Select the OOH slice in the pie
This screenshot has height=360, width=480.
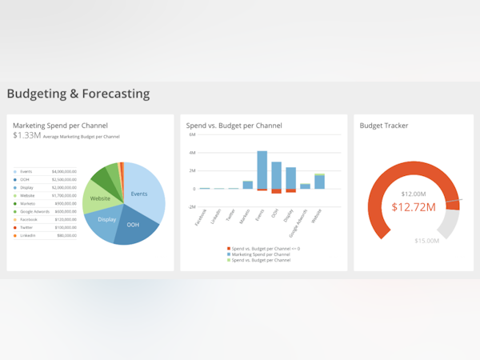click(x=132, y=226)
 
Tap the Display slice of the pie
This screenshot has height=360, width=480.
click(x=106, y=219)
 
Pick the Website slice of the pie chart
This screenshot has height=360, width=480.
click(x=100, y=198)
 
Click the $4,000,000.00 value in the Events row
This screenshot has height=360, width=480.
click(x=64, y=171)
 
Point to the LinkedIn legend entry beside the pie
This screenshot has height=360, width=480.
click(x=28, y=235)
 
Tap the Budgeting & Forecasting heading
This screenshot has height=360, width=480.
click(x=78, y=94)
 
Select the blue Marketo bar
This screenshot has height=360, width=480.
click(x=247, y=185)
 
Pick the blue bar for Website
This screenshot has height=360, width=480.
click(x=319, y=182)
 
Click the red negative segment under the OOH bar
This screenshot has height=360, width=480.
click(x=276, y=191)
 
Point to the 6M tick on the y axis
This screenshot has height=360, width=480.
click(x=192, y=134)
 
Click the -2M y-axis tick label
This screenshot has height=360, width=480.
click(x=191, y=206)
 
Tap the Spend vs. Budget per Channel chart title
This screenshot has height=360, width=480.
click(x=234, y=126)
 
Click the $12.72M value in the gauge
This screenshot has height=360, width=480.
click(x=414, y=208)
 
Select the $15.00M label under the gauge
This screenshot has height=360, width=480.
click(x=426, y=241)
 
